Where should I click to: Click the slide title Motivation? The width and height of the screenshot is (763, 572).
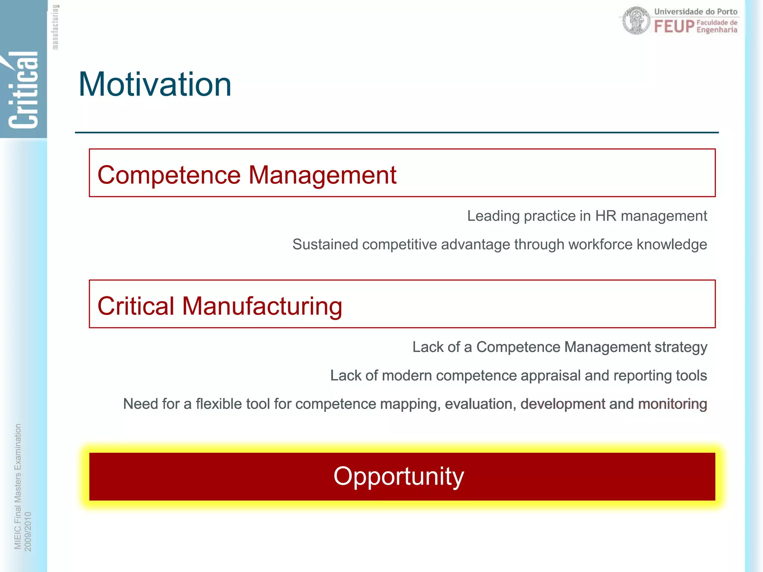point(155,85)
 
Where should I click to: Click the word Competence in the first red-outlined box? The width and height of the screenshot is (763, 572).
point(169,175)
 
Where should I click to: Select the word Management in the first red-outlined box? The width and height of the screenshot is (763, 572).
point(322,175)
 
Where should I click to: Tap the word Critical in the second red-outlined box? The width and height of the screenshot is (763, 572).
point(136,306)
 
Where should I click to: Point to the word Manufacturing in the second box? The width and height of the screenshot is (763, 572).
point(262,306)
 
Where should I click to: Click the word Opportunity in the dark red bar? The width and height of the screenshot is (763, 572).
point(399,476)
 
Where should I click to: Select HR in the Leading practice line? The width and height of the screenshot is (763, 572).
point(605,216)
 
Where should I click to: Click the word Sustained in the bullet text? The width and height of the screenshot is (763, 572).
point(325,245)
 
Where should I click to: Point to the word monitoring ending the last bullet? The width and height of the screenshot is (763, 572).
point(672,404)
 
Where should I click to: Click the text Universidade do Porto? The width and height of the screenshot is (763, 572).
point(696,12)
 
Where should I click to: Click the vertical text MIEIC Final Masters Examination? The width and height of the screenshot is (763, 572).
point(18,486)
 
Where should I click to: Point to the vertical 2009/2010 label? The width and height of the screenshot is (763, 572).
point(28,531)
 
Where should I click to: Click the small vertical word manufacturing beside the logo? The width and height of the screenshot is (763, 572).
point(55,27)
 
